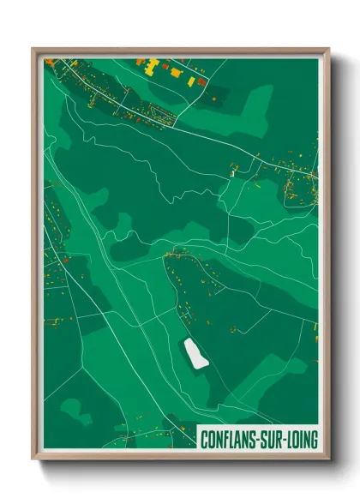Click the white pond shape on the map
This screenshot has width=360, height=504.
tap(196, 352)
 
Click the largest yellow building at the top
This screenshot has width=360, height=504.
tap(155, 64)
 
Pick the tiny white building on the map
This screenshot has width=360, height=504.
tap(231, 174)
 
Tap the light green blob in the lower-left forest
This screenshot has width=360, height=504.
tap(76, 411)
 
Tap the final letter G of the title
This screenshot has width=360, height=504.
tap(314, 440)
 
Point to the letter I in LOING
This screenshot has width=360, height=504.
tap(302, 440)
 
